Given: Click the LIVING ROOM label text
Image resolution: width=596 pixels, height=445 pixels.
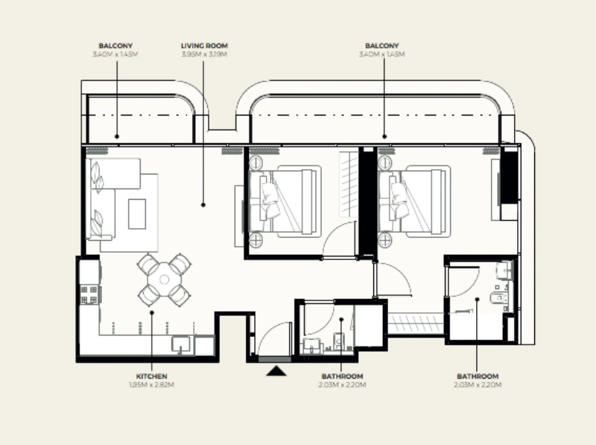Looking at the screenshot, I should click(203, 45).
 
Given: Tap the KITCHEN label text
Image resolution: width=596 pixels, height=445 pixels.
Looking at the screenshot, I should click(151, 376).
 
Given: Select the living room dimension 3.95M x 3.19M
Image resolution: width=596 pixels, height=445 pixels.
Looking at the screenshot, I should click(203, 54).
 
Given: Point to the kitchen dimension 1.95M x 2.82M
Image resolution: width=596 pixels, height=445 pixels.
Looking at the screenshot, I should click(151, 385).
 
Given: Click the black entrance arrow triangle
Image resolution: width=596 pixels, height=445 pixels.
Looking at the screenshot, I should click(276, 369).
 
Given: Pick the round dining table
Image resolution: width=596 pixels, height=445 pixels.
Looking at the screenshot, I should click(163, 279).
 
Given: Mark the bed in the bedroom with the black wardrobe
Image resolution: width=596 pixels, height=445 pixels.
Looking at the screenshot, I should click(413, 202).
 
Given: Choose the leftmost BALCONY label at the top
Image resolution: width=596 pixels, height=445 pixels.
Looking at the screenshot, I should click(116, 45).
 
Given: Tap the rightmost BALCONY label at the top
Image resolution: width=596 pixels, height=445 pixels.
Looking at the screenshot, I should click(383, 45).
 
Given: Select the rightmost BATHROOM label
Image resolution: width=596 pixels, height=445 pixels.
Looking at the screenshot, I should click(477, 376).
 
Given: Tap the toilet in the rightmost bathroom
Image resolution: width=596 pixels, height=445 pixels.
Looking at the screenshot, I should click(498, 300).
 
